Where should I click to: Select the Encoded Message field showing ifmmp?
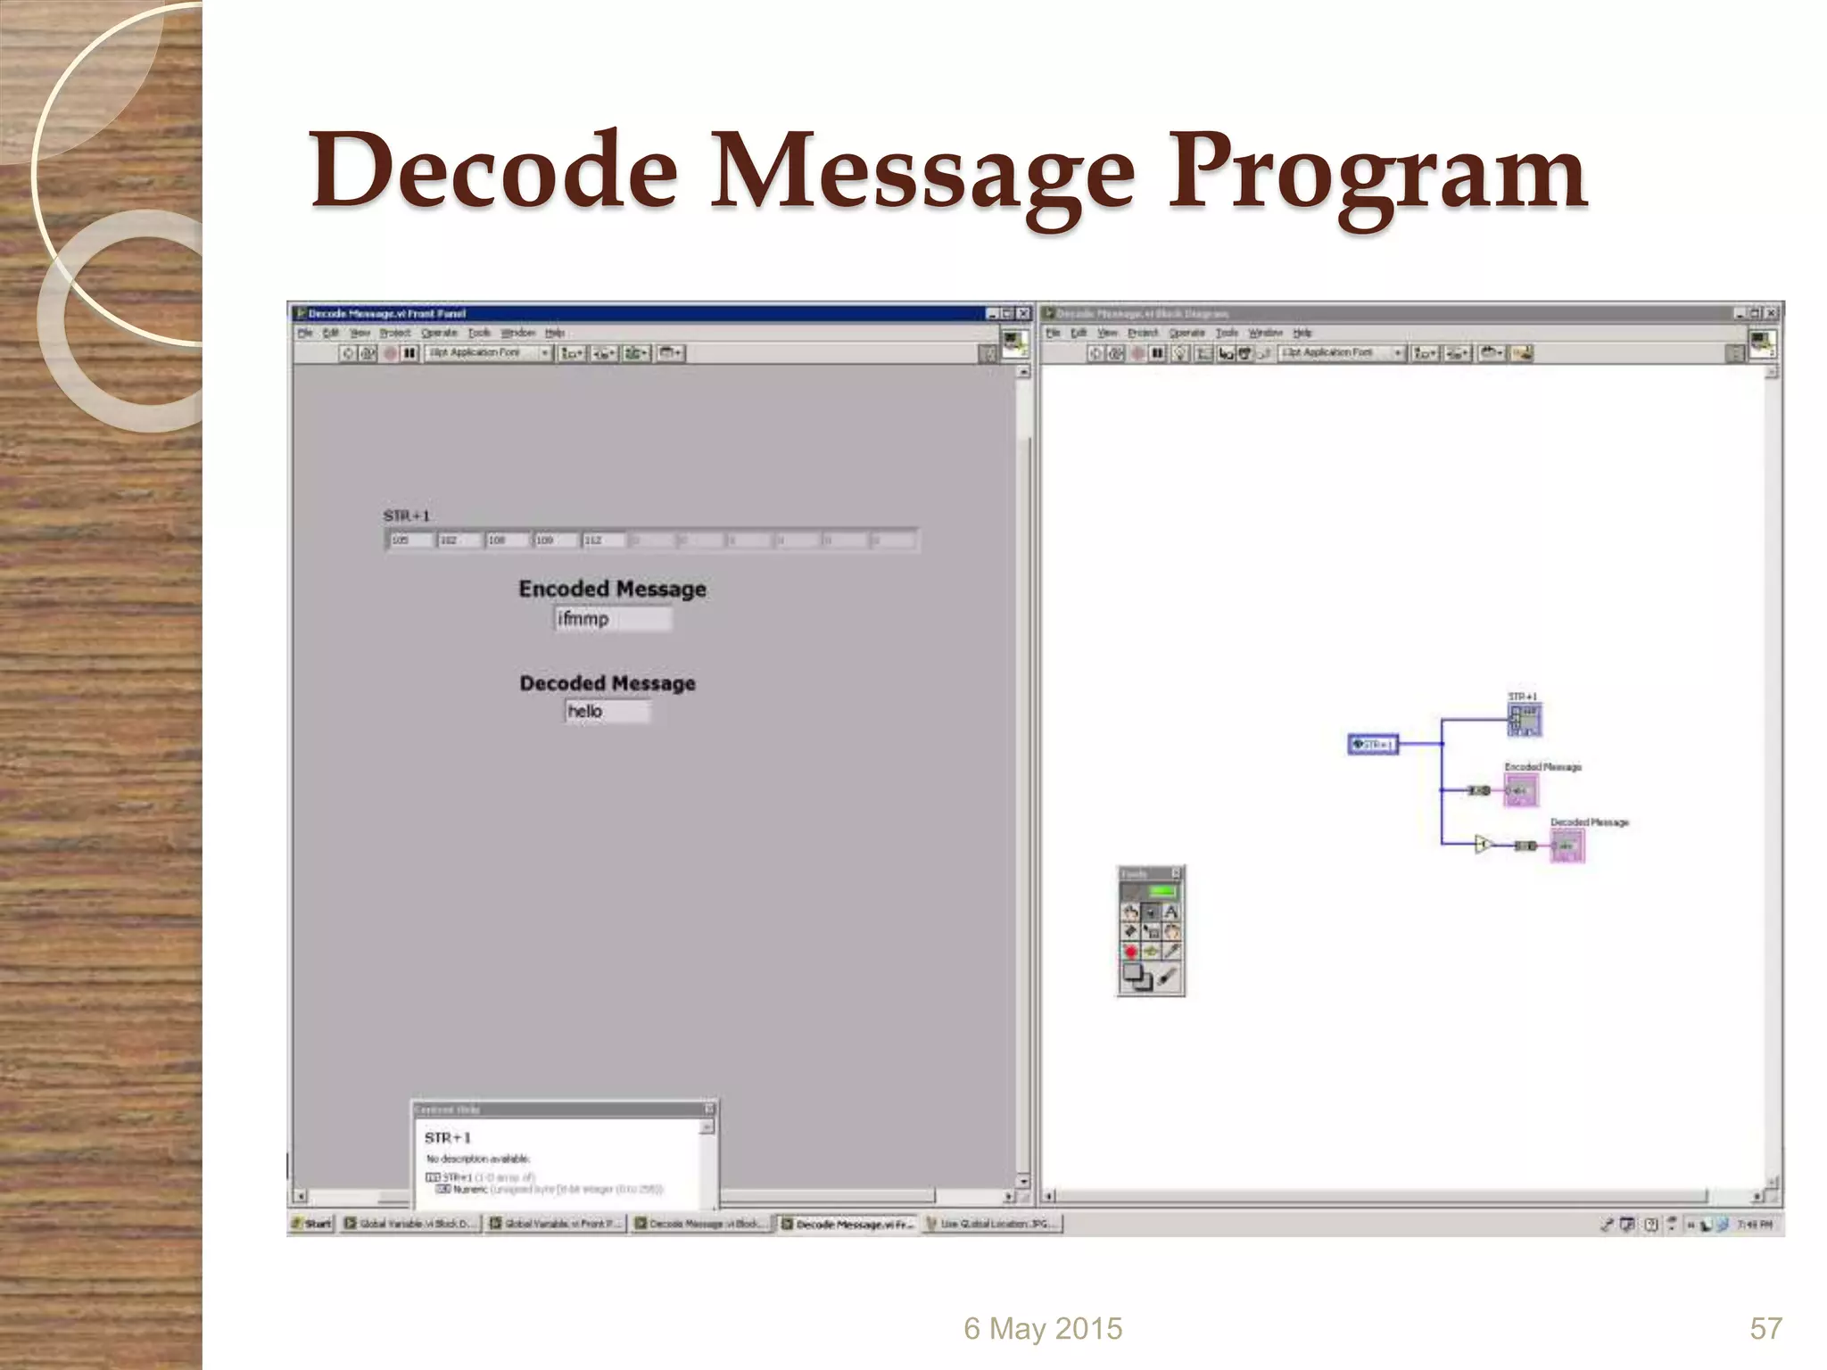tap(612, 619)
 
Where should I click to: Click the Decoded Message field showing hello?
tap(607, 711)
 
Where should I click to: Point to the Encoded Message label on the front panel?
tap(612, 589)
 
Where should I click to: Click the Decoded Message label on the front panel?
tap(607, 683)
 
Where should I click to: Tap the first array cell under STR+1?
tap(410, 540)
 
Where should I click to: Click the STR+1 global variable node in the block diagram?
tap(1373, 744)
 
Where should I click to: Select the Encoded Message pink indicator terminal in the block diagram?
tap(1520, 790)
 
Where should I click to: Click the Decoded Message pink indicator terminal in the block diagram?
tap(1567, 846)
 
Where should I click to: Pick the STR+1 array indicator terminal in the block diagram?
tap(1524, 719)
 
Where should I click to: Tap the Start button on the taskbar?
tap(311, 1224)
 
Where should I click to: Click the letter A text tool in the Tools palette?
tap(1170, 912)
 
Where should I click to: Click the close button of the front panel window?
tap(1023, 313)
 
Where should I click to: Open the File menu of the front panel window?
tap(305, 333)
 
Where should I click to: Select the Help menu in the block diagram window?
tap(1302, 333)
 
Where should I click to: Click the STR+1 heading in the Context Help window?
tap(447, 1138)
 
